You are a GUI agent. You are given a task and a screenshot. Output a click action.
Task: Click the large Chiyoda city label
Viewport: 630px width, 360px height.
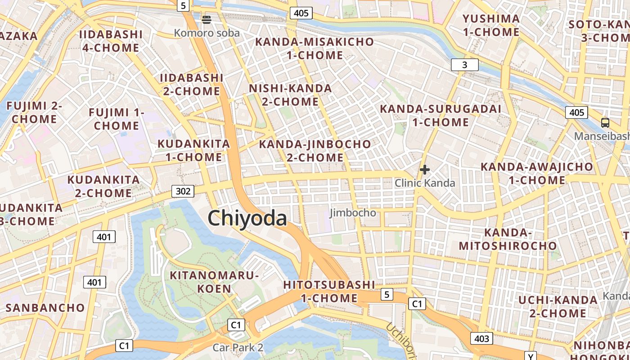pos(247,218)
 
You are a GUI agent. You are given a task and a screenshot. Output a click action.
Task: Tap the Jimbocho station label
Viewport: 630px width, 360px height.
pos(353,212)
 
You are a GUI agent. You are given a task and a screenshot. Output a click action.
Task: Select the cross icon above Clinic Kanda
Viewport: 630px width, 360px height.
pos(424,170)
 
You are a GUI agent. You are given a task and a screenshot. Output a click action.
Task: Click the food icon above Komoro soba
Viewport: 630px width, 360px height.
pos(207,19)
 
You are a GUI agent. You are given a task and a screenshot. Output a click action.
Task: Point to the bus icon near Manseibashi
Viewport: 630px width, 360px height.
pos(605,122)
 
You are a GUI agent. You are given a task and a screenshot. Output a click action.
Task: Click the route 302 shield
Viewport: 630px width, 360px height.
pos(183,191)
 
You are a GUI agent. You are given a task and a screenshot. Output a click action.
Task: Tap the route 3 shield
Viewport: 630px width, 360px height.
pos(464,65)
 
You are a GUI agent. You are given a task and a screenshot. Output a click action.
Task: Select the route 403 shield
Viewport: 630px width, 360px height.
pos(481,338)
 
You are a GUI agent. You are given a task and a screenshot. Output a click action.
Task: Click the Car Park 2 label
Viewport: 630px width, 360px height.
pos(238,347)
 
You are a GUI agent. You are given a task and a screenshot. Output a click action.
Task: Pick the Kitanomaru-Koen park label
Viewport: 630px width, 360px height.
pos(214,282)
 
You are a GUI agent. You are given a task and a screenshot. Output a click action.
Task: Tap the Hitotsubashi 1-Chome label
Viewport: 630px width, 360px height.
pos(329,291)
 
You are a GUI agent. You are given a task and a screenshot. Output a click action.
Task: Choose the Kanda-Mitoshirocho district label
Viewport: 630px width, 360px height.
pos(508,239)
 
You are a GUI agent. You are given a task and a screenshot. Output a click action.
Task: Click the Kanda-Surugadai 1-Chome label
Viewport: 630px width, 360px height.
pos(441,115)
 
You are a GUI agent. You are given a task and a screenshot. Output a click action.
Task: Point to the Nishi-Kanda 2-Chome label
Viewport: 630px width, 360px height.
pos(290,95)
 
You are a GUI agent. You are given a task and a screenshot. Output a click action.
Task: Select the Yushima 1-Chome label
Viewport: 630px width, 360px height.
pos(491,25)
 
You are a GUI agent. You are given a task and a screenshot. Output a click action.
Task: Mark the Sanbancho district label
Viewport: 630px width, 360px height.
pos(45,308)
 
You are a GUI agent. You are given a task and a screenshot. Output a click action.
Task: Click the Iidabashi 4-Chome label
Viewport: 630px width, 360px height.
pos(111,41)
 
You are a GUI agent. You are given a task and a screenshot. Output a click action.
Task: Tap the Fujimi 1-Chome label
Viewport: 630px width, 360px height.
pos(117,119)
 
